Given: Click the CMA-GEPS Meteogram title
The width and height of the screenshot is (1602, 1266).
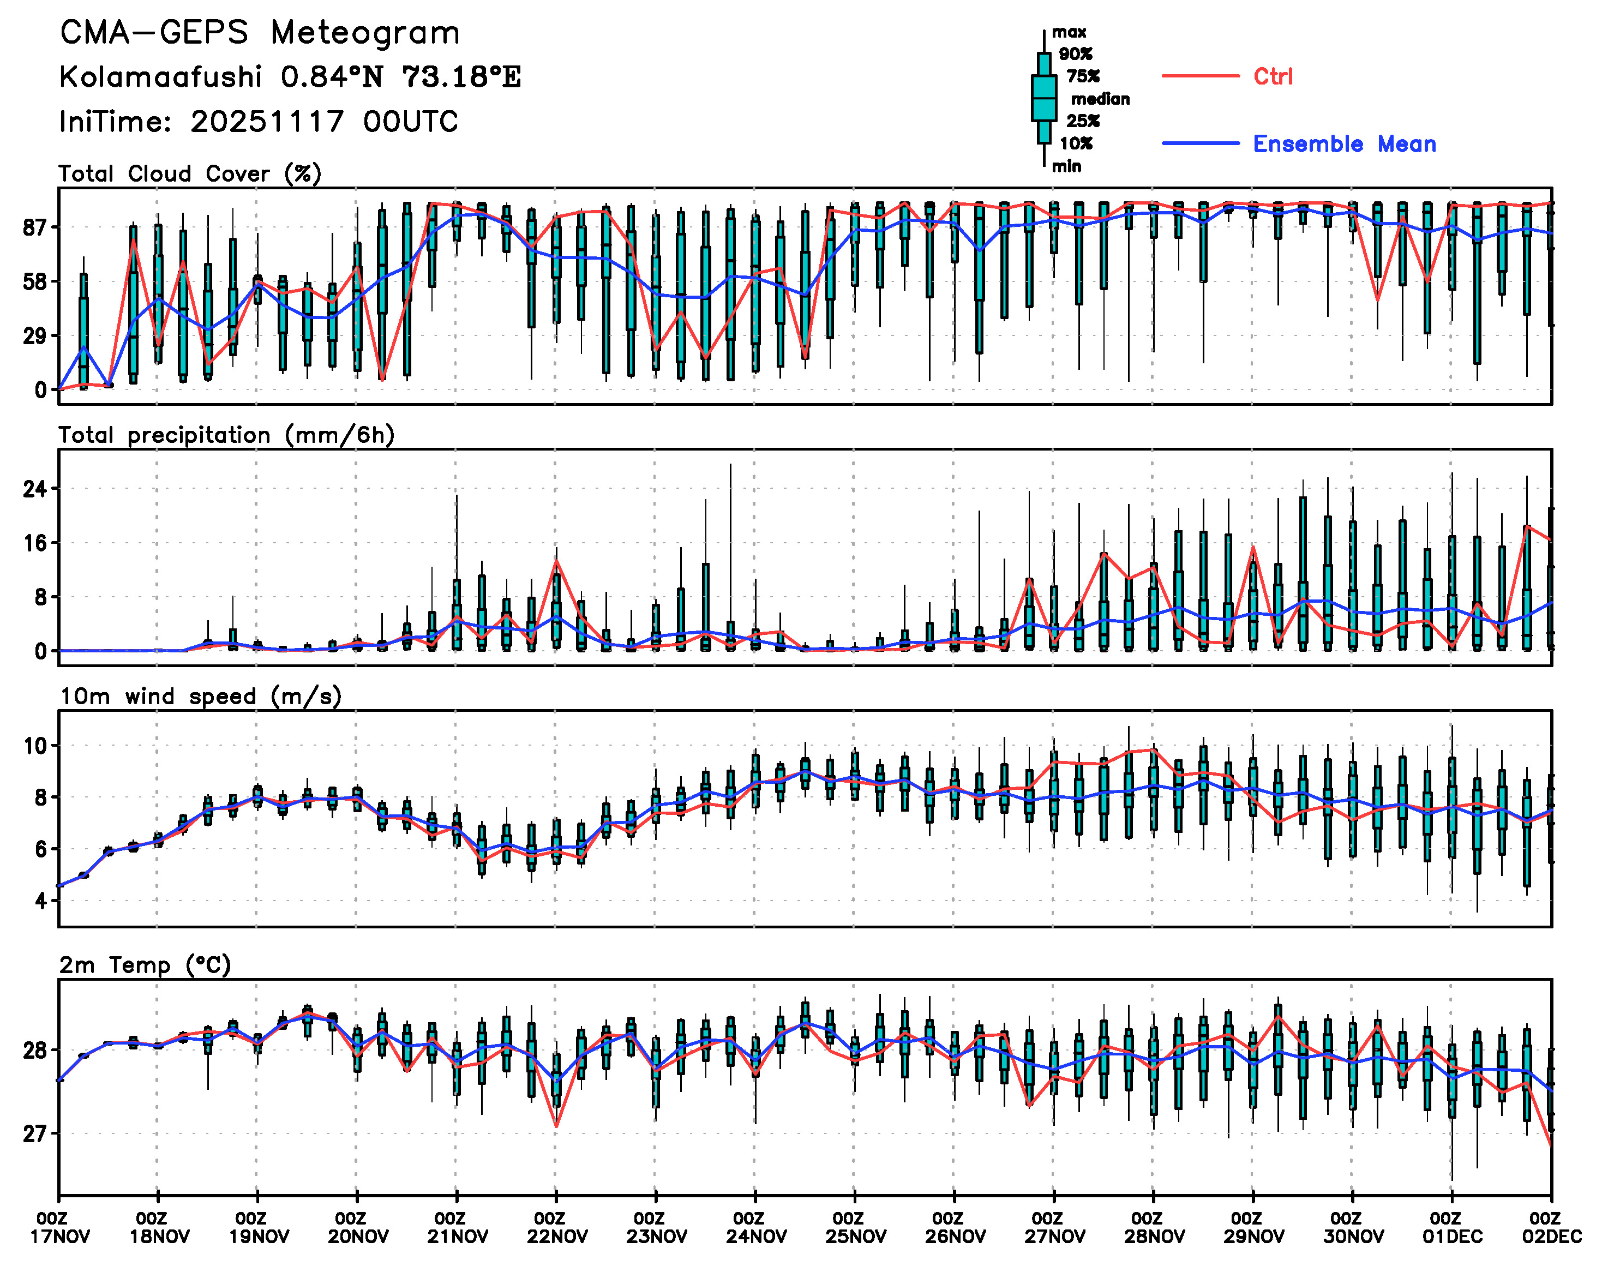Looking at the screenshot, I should point(260,33).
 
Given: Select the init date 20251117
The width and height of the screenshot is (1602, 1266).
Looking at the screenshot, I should point(267,122).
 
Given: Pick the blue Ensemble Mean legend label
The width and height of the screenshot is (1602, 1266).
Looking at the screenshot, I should point(1343,144).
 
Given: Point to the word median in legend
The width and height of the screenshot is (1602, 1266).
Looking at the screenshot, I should point(1100,99).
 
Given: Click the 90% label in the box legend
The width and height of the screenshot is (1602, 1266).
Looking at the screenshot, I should point(1075,54).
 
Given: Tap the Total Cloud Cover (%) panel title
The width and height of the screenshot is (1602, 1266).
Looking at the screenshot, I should point(190,174).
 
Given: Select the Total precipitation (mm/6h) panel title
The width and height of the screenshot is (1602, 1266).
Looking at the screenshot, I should point(226,435).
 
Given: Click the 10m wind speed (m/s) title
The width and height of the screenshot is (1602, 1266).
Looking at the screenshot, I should point(200,697).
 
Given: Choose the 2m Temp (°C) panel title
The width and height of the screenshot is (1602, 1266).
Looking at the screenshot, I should point(145,965).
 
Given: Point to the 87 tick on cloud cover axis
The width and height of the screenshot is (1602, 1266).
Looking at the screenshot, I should point(34,227).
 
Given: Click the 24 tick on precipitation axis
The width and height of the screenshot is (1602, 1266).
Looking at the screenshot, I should point(34,489).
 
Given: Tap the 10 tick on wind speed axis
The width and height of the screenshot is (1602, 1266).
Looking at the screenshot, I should point(34,746).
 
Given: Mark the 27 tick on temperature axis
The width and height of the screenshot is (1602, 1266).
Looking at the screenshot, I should point(34,1134).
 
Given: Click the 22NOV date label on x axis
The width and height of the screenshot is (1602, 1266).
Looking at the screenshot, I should point(557,1237).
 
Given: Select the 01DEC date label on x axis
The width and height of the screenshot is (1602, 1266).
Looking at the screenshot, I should point(1452,1237).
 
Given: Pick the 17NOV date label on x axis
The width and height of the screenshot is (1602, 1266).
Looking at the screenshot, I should point(59,1237).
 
